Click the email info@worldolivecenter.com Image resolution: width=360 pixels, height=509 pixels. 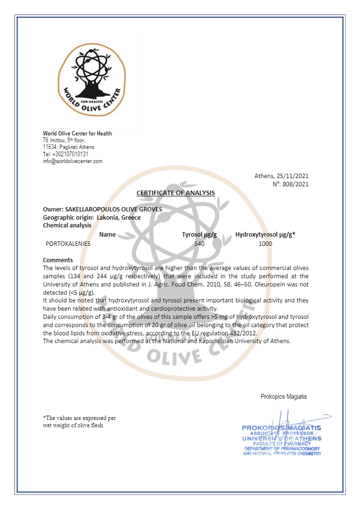point(73,161)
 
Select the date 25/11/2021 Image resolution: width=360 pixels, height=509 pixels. point(292,176)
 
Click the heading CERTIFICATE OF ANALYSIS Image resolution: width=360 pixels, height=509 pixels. point(176,193)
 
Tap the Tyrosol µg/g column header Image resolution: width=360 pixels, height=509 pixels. point(199,235)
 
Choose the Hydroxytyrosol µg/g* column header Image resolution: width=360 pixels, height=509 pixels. point(265,235)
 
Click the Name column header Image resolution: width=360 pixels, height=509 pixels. point(107,235)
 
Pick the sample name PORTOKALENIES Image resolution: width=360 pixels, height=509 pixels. point(68,243)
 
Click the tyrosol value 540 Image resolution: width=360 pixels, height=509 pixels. point(199,243)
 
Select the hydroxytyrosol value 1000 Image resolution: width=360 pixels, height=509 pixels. point(265,243)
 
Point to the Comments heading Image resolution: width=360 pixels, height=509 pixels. point(58,260)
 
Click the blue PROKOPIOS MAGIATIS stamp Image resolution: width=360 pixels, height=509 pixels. point(282,440)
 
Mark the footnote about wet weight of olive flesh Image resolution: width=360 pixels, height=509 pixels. point(79,421)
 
